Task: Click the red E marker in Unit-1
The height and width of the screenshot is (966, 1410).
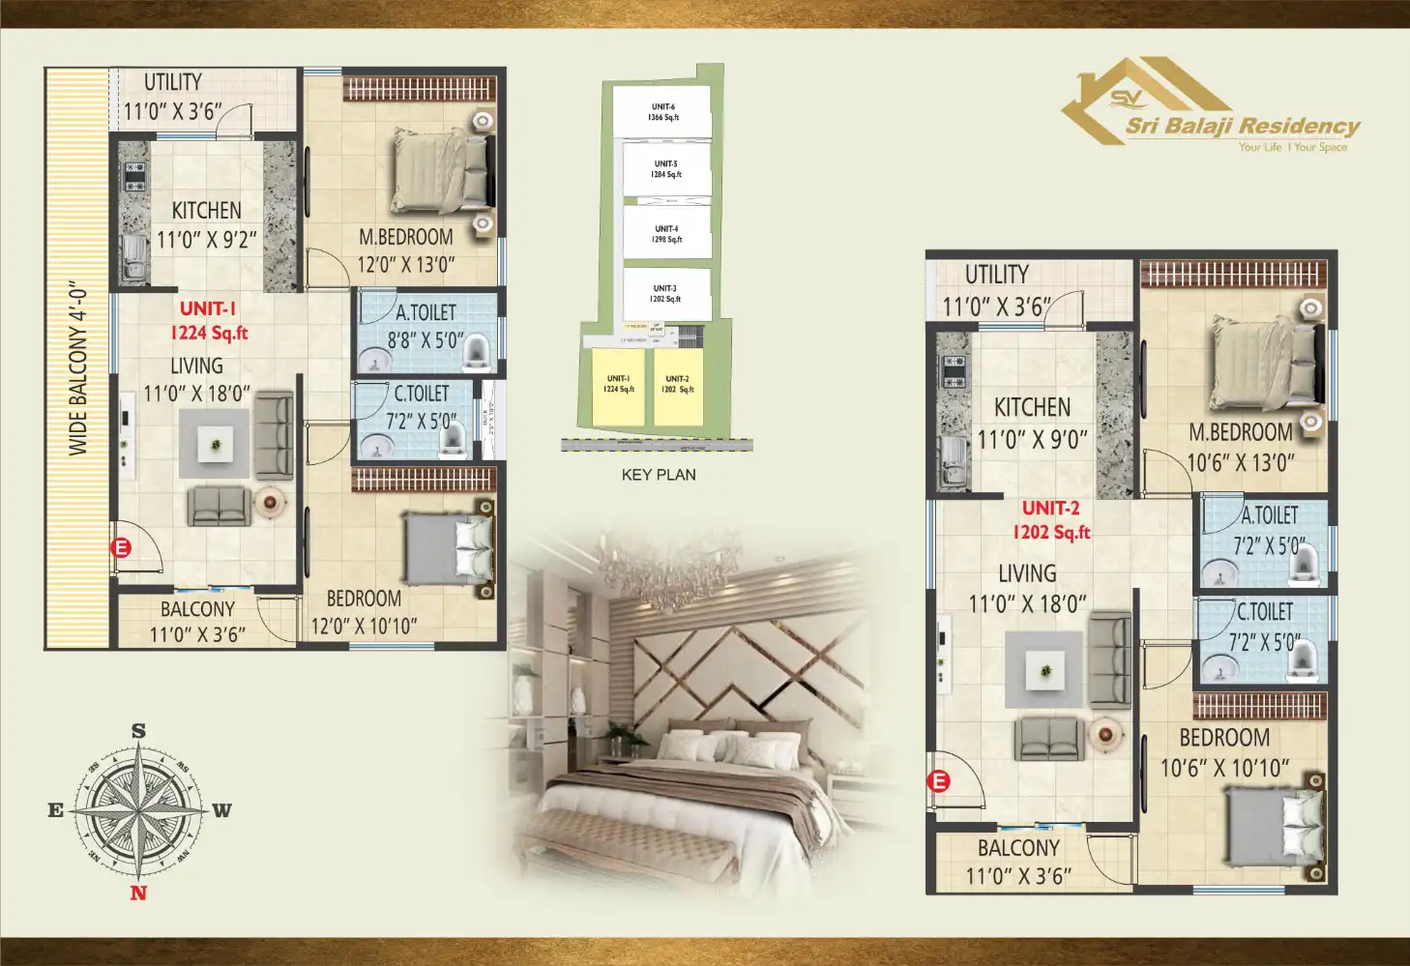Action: pos(121,548)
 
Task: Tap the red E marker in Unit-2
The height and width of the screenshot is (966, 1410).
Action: pos(939,781)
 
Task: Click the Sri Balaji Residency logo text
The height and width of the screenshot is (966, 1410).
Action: pos(1242,126)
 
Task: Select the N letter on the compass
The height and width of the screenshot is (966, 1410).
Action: pos(138,892)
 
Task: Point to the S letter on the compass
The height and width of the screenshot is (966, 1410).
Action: pos(138,731)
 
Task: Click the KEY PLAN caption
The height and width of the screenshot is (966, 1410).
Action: pos(659,475)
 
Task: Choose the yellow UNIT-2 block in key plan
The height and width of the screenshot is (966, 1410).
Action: pos(677,385)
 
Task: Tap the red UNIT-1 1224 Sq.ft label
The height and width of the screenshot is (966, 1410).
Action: pos(209,321)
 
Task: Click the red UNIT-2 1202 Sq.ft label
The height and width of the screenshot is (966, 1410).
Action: pos(1051,520)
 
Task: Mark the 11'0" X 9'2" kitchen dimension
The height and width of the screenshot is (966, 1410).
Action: pos(207,240)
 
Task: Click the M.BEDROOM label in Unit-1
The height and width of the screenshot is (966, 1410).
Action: pos(405,237)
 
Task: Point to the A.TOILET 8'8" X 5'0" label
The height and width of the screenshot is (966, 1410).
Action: pos(426,326)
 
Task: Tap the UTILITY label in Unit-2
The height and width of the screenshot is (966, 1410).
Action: pos(996,275)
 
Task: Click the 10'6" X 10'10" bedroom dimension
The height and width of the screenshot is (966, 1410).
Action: pos(1224,769)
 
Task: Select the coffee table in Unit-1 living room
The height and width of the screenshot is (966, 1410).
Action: pos(215,444)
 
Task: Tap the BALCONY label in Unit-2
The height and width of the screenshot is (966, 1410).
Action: pos(1018,848)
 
